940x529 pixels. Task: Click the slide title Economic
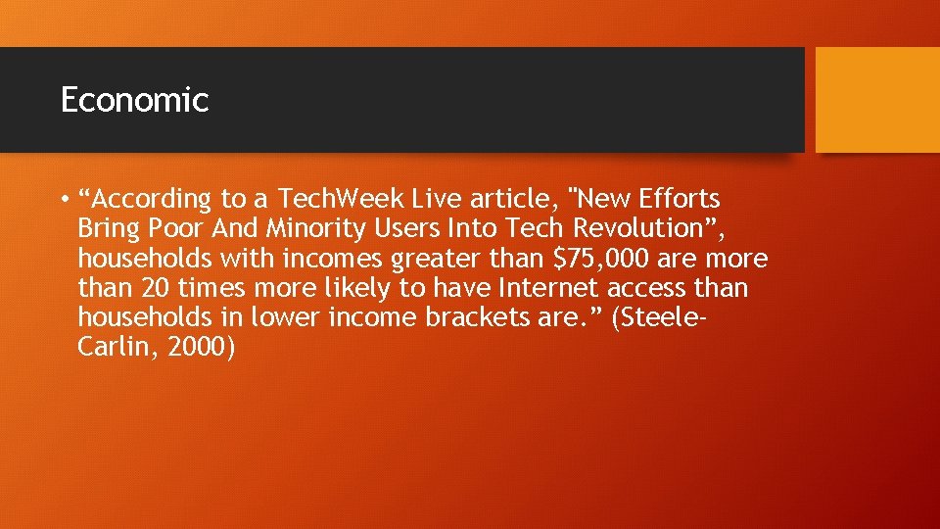pos(134,100)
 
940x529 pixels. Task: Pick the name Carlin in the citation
pos(111,349)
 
